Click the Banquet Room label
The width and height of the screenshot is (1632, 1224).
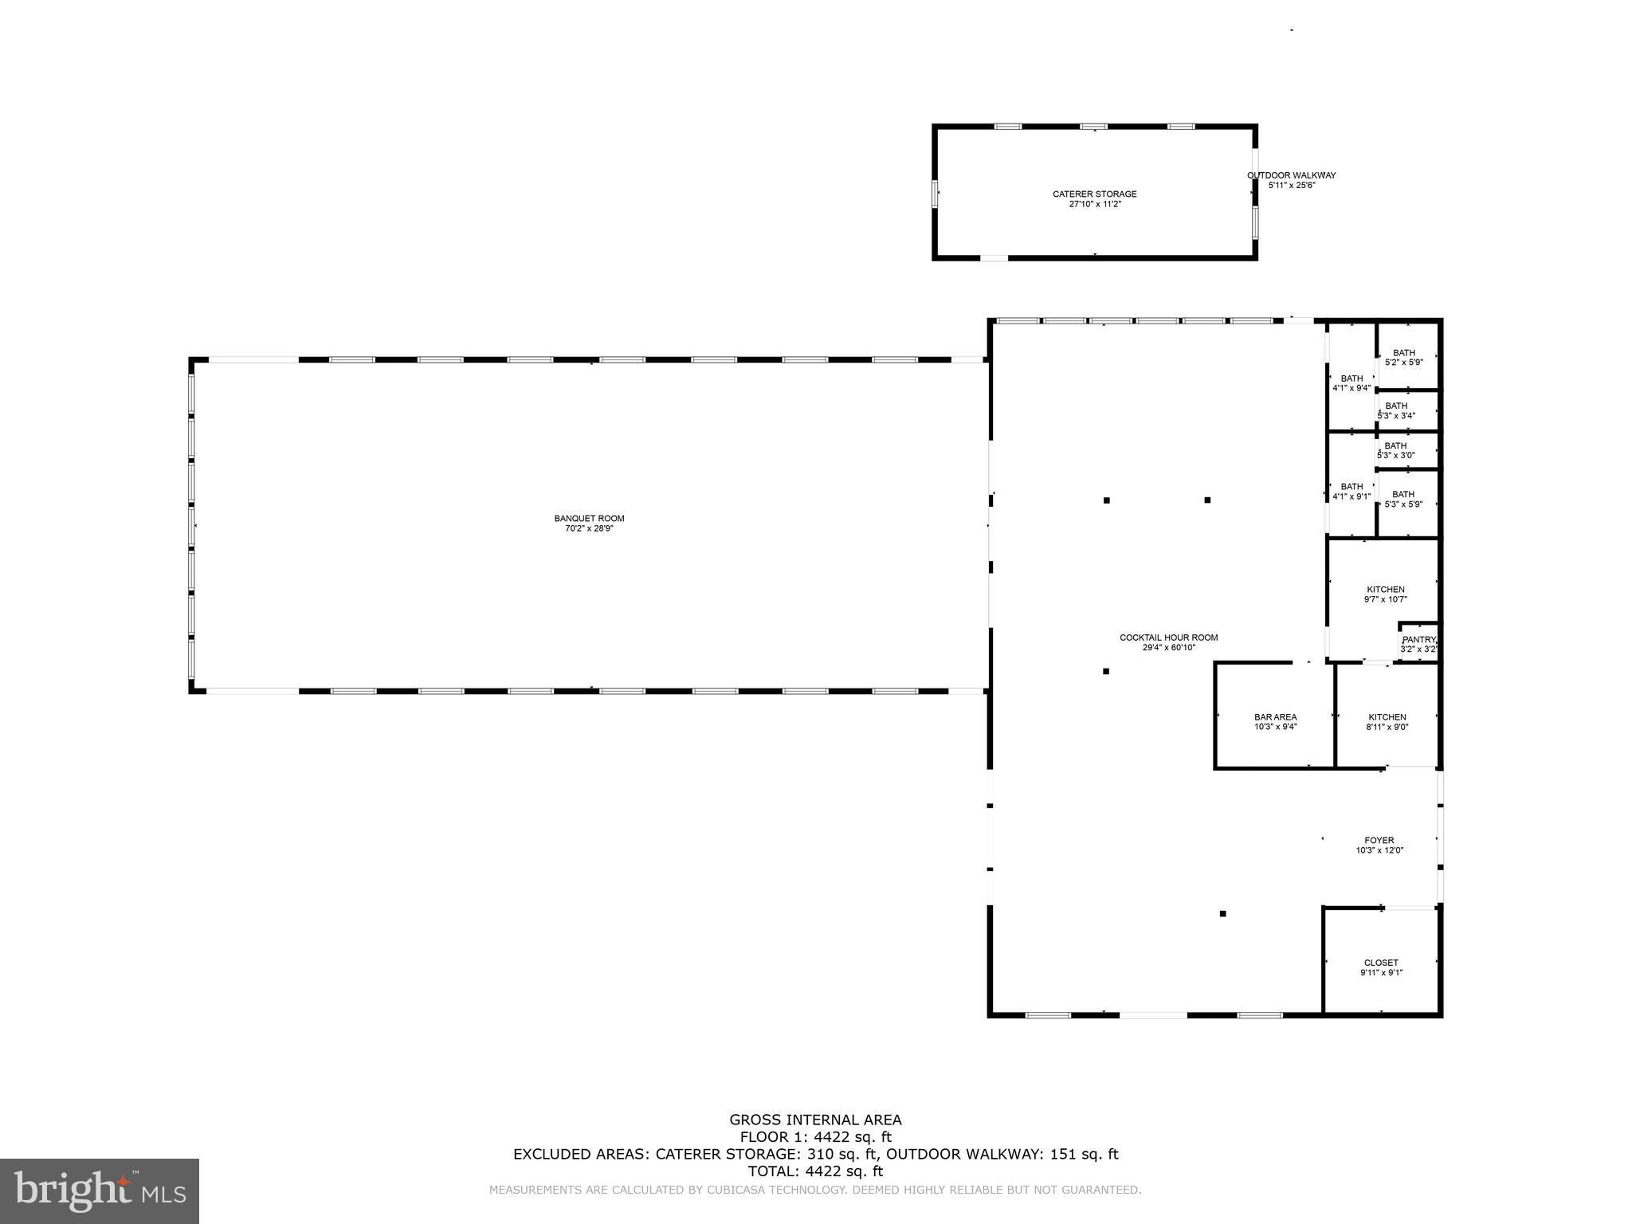pyautogui.click(x=589, y=519)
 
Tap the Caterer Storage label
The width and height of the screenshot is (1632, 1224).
pyautogui.click(x=1094, y=194)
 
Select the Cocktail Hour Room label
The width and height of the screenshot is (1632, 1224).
pyautogui.click(x=1168, y=637)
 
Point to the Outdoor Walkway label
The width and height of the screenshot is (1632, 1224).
pyautogui.click(x=1291, y=175)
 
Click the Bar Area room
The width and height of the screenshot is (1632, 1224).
pyautogui.click(x=1274, y=716)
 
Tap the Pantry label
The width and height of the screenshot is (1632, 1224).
pyautogui.click(x=1418, y=639)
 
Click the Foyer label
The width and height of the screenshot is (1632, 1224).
pyautogui.click(x=1379, y=840)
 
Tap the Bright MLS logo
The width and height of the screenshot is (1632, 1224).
pyautogui.click(x=100, y=1191)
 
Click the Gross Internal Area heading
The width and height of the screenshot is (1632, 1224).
pyautogui.click(x=815, y=1120)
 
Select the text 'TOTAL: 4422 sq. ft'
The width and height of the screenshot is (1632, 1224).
pyautogui.click(x=815, y=1171)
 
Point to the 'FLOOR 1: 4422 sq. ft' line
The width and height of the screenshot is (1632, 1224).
pyautogui.click(x=815, y=1137)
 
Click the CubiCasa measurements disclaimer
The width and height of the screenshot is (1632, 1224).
pyautogui.click(x=815, y=1190)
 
